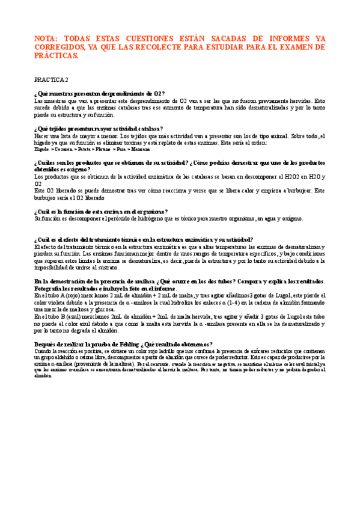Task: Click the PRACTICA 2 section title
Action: tap(52, 79)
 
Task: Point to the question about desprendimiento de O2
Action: tap(100, 94)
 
